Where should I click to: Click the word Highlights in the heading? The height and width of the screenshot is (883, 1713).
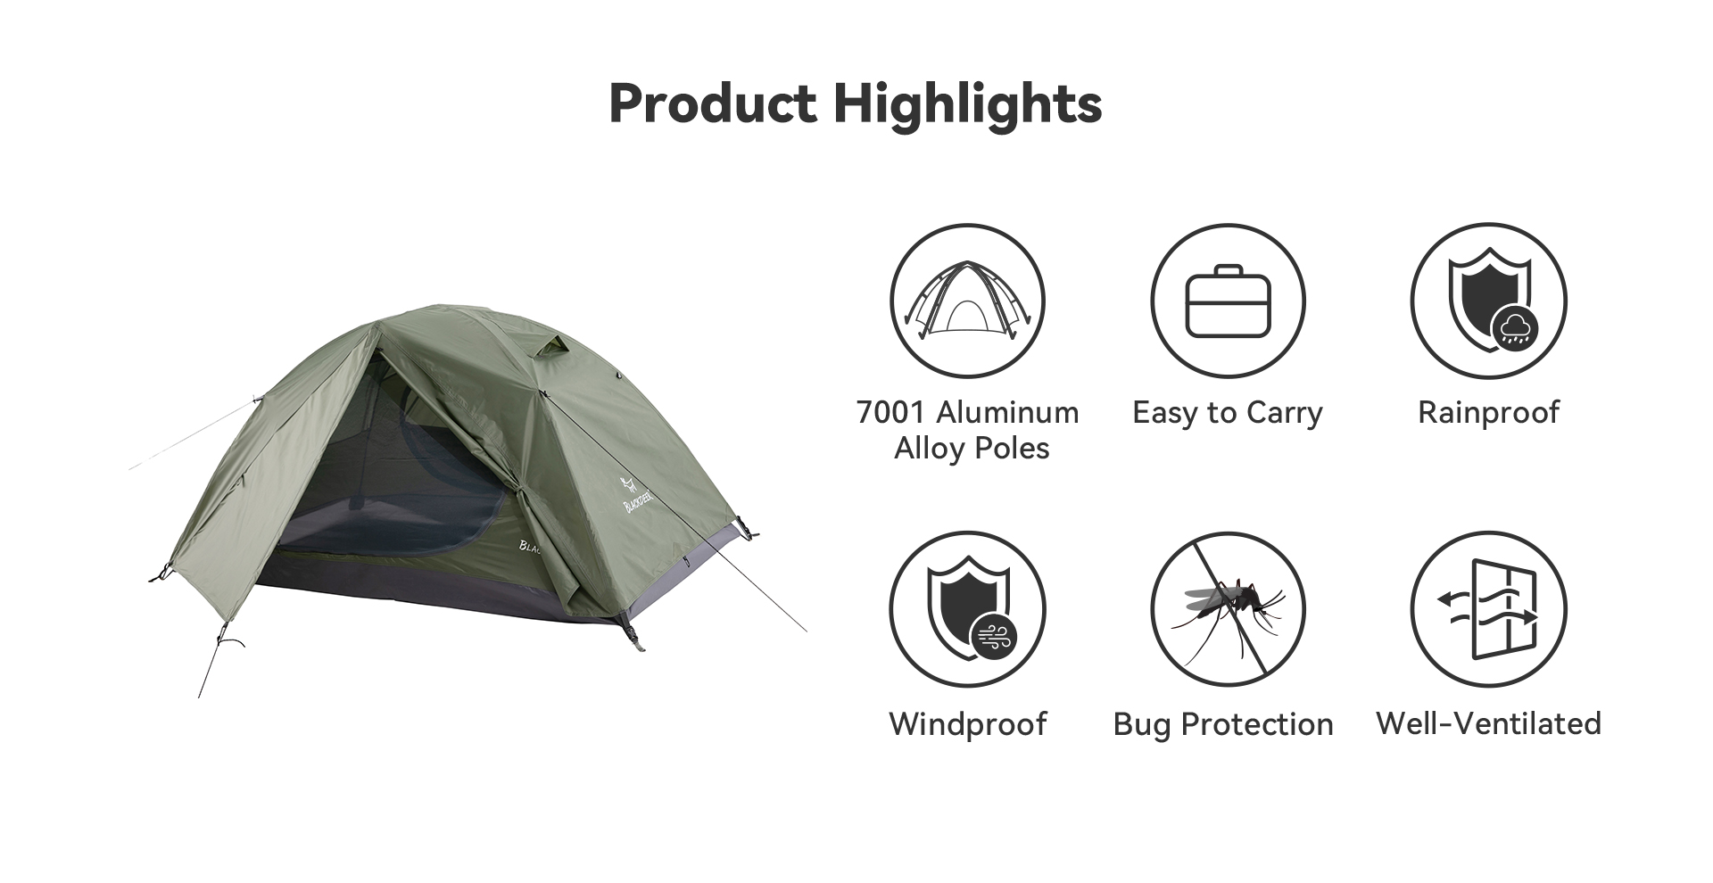pyautogui.click(x=968, y=105)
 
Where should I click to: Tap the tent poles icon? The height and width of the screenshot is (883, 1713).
pyautogui.click(x=968, y=300)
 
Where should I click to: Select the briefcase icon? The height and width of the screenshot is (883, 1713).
pyautogui.click(x=1228, y=301)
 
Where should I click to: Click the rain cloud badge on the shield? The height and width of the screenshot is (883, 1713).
pyautogui.click(x=1514, y=328)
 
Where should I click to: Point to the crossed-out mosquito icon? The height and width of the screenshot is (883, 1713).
pyautogui.click(x=1228, y=610)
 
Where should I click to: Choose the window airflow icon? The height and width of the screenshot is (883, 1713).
pyautogui.click(x=1488, y=610)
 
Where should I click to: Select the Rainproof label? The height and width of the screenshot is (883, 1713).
pyautogui.click(x=1488, y=414)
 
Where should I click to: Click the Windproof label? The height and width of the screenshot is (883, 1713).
pyautogui.click(x=968, y=724)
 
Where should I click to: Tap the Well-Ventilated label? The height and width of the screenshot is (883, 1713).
pyautogui.click(x=1488, y=723)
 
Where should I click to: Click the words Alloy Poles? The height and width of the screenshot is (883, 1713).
pyautogui.click(x=972, y=449)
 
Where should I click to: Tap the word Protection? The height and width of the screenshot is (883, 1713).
pyautogui.click(x=1257, y=725)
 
